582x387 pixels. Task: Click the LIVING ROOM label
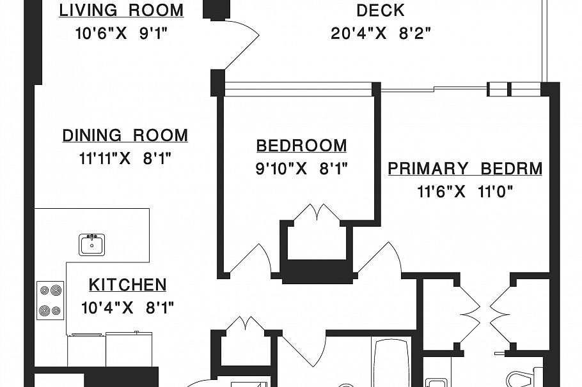point(121,11)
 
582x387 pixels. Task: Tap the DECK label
point(380,11)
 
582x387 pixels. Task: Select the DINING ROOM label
point(125,136)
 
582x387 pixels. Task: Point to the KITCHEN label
point(127,285)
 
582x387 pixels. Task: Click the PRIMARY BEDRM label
point(465,169)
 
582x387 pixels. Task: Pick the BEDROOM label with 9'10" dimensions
point(301,146)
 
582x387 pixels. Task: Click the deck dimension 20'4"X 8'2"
point(380,33)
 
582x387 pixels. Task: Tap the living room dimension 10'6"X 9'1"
point(121,33)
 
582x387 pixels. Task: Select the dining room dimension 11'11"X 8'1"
point(125,158)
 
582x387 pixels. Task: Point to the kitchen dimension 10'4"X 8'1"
point(127,308)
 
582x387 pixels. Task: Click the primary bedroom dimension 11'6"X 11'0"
point(465,192)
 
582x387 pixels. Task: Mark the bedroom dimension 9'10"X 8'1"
point(301,169)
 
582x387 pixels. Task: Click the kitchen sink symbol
point(92,245)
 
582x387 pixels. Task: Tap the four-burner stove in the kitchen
point(50,300)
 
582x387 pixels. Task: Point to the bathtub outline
point(392,364)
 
